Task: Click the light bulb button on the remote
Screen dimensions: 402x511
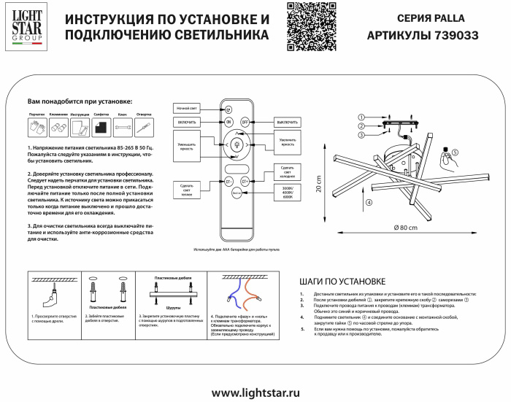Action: pos(236,144)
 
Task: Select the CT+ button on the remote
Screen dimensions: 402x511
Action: pos(245,180)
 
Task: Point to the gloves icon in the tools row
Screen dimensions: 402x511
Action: pos(36,128)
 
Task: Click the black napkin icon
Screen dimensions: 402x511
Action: pos(101,128)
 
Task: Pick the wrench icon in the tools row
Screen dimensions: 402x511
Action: pos(123,128)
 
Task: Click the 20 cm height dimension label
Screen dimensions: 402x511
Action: pos(318,185)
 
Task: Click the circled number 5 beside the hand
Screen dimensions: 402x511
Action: pos(455,152)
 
